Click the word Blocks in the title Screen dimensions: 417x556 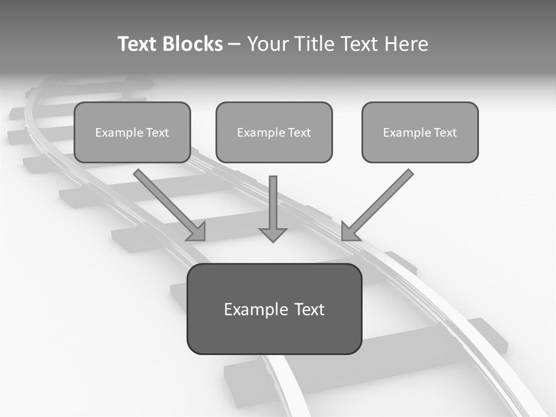(x=193, y=44)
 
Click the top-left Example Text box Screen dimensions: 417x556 (x=132, y=133)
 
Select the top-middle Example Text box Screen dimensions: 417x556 (x=274, y=133)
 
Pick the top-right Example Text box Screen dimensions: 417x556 (x=420, y=133)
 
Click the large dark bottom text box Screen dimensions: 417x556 (x=274, y=309)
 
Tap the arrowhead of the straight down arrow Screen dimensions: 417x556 (x=273, y=234)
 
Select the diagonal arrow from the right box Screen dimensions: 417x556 (x=382, y=200)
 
